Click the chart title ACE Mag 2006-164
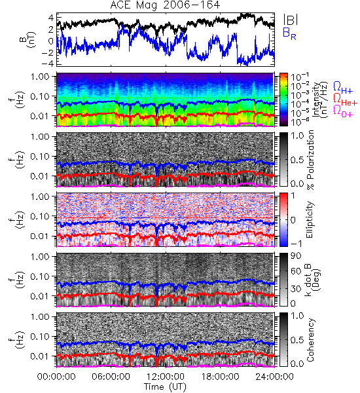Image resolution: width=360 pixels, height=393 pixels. coord(165,5)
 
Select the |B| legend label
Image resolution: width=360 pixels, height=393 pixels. coord(291,20)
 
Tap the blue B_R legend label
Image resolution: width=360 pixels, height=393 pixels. coord(289,33)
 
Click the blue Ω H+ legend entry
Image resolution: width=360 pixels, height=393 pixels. coord(343,88)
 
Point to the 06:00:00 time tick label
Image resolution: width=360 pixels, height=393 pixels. coord(111,377)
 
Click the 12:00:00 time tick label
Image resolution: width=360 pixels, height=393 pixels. coord(166,377)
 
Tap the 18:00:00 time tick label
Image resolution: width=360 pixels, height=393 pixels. coord(220,377)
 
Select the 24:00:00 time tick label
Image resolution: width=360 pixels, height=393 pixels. coord(275,377)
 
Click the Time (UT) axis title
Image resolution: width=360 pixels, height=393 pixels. coord(165,387)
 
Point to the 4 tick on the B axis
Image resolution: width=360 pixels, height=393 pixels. coord(51,18)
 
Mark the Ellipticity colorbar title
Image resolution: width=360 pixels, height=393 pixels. coord(310,220)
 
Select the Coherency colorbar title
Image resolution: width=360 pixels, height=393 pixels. coord(310,340)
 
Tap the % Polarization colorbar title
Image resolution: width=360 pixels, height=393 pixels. coord(310,160)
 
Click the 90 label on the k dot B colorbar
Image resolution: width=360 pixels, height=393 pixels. coord(295,256)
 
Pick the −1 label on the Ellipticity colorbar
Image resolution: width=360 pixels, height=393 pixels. coord(295,244)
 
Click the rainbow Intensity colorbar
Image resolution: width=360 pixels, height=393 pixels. coord(283,100)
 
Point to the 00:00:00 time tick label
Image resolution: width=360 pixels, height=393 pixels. coord(56,377)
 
